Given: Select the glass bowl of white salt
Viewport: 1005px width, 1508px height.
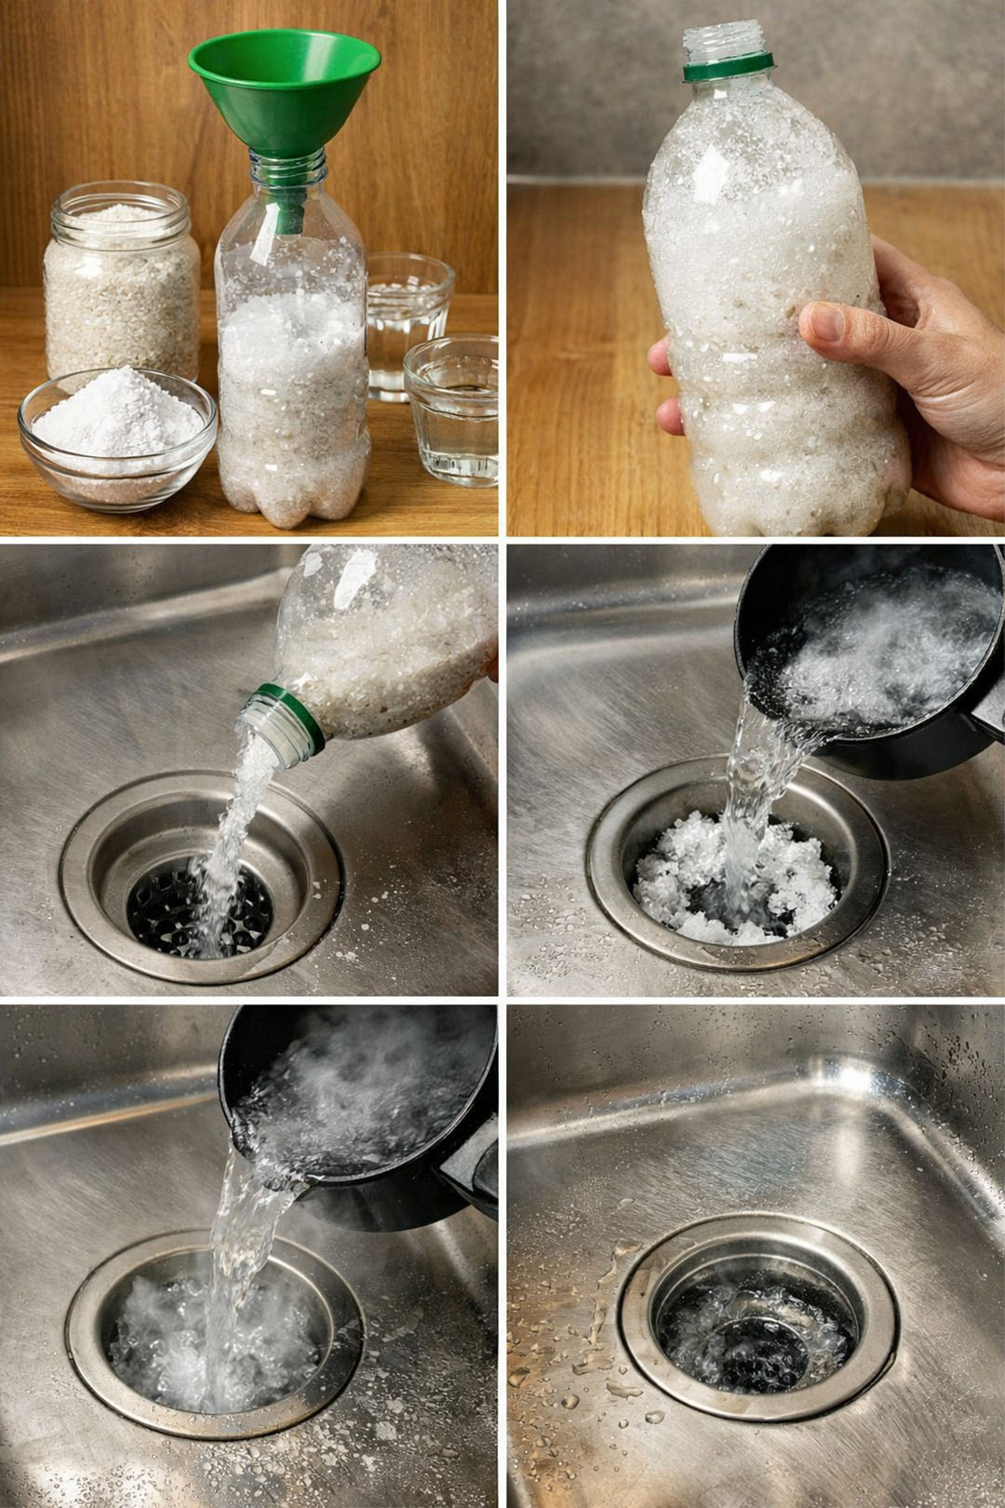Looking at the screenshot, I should tap(116, 438).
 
